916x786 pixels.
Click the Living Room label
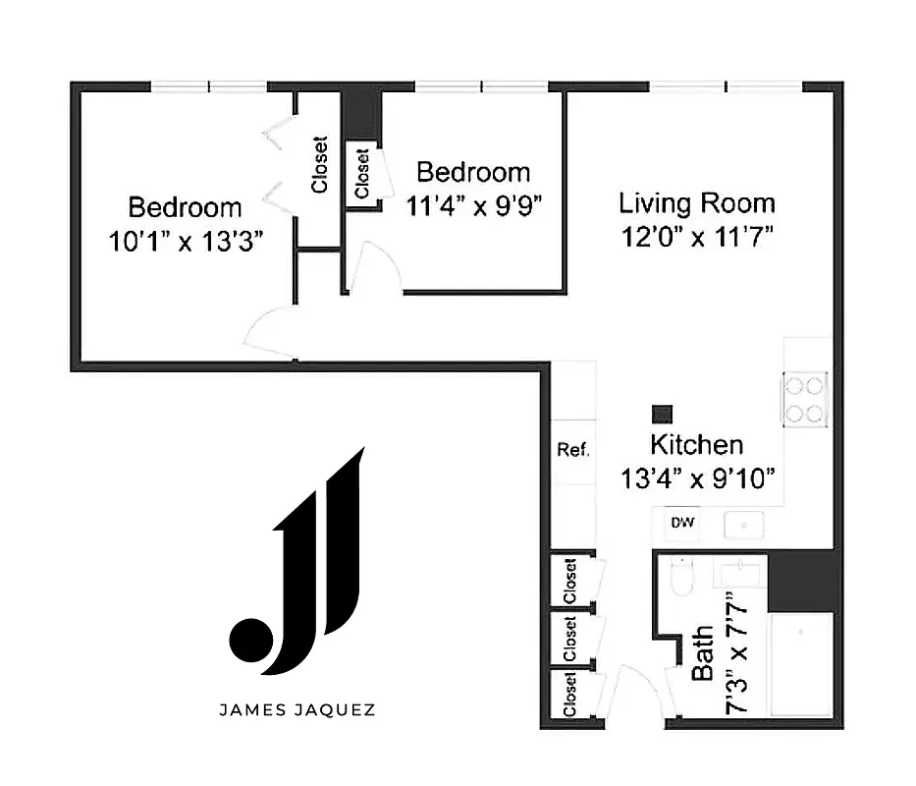[696, 203]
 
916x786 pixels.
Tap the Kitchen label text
[697, 445]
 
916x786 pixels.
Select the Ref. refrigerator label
[573, 450]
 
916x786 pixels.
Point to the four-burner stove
[804, 398]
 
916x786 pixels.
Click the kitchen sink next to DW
[743, 526]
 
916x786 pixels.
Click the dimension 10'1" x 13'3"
[186, 240]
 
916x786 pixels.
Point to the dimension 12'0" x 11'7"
[696, 237]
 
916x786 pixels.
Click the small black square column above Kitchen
[663, 415]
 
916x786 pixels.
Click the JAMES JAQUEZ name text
[296, 709]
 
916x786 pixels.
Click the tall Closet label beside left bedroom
[320, 164]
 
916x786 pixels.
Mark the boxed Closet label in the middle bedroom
[361, 173]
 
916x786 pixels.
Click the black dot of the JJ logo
[247, 639]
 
